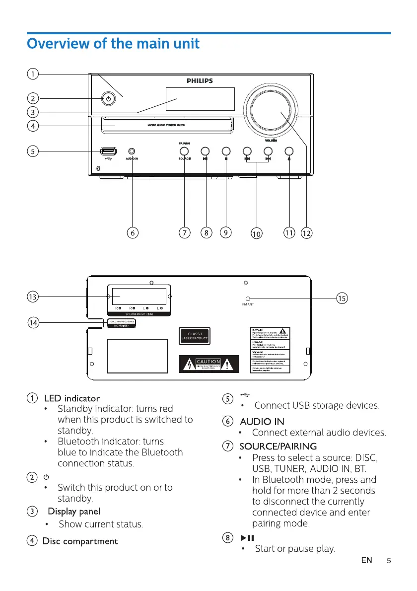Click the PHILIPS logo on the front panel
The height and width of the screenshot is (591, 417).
[200, 81]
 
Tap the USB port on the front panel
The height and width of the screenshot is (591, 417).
[108, 151]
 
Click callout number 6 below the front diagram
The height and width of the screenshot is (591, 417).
[133, 232]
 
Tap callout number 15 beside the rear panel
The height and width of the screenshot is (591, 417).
[342, 298]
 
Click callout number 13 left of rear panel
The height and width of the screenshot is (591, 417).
[33, 297]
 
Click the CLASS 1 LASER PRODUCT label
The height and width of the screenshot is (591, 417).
[194, 336]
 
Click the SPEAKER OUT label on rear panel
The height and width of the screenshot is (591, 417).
[139, 314]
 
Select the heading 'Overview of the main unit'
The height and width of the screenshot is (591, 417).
[113, 44]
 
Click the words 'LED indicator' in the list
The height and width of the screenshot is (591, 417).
[72, 398]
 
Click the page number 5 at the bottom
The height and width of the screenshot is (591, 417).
[389, 560]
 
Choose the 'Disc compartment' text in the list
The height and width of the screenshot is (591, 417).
[80, 541]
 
